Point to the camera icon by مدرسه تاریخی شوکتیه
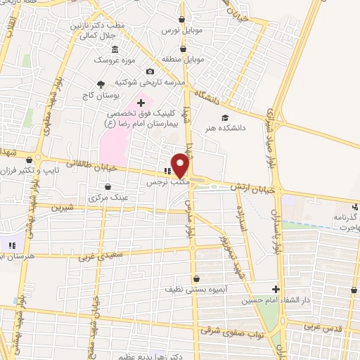[150, 71]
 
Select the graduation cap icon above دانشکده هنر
[224, 117]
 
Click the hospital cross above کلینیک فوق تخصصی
[141, 103]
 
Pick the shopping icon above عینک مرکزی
[108, 187]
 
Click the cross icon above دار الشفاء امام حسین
[276, 289]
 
